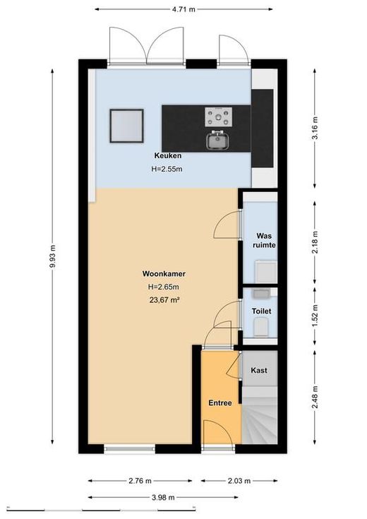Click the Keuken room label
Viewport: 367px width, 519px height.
coord(168,155)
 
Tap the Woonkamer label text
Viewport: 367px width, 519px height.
coord(164,274)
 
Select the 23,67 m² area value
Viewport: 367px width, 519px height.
coord(164,300)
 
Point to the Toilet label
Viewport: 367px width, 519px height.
coord(261,311)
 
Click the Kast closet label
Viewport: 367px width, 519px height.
coord(259,371)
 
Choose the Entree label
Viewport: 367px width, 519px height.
coord(220,402)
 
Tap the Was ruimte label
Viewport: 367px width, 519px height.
coord(264,241)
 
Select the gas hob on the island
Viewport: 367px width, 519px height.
coord(218,117)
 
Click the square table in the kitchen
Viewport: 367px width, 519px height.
coord(127,126)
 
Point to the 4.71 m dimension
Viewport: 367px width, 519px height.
coord(183,9)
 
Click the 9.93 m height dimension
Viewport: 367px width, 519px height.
coord(52,256)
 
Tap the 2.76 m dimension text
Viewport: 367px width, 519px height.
coord(140,481)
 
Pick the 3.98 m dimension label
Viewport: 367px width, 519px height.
coord(163,497)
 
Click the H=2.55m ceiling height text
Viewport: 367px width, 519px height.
coord(167,169)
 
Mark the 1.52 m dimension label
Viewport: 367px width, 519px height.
coord(315,316)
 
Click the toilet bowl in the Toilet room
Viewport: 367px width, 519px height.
coord(261,327)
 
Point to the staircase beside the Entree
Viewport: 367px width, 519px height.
coord(260,414)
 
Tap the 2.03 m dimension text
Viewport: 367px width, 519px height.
coord(239,481)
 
